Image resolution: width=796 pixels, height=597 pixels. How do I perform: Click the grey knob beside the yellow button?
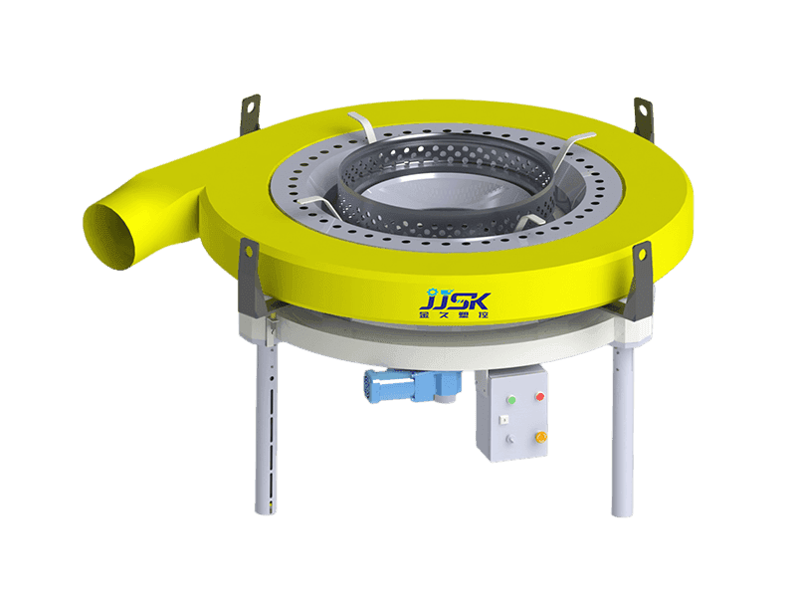pyautogui.click(x=508, y=439)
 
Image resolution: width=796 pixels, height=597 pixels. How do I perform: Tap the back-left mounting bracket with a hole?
pyautogui.click(x=250, y=108)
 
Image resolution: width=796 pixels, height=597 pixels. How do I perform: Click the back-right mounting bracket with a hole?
pyautogui.click(x=642, y=111)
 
